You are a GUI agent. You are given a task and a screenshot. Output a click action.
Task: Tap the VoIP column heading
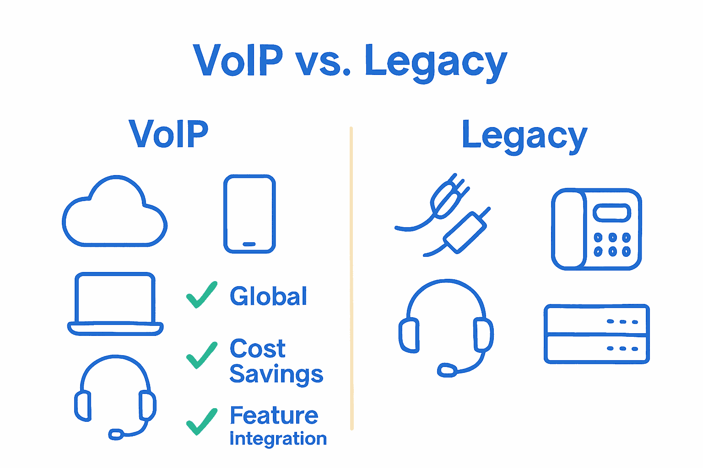(168, 134)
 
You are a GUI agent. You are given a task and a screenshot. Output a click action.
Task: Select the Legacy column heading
(525, 137)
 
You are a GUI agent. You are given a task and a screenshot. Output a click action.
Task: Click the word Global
(268, 296)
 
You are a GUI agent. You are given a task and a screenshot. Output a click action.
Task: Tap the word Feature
(274, 415)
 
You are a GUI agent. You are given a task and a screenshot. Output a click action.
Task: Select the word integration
(278, 439)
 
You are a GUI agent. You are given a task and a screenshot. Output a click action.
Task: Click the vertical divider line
(351, 278)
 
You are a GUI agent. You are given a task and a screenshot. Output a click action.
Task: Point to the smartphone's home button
(249, 244)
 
